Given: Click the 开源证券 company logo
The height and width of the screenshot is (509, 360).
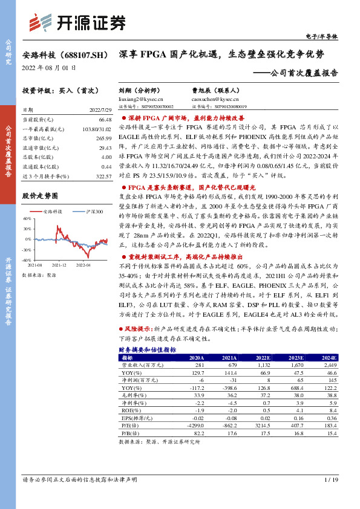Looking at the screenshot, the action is click(77, 22).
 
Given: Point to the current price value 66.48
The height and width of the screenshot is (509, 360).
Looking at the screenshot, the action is click(104, 119).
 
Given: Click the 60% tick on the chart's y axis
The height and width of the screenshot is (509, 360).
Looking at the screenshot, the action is click(27, 218).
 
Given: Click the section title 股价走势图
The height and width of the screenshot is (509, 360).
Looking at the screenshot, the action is click(40, 196).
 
